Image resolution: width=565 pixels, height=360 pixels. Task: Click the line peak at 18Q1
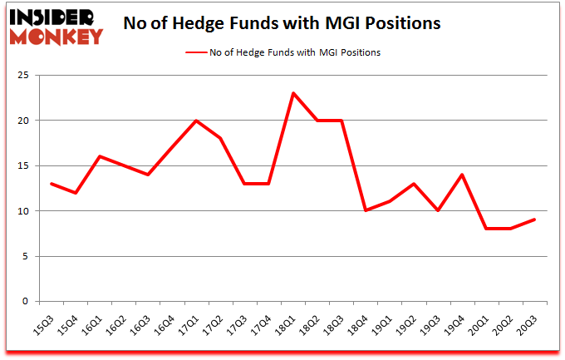coord(293,92)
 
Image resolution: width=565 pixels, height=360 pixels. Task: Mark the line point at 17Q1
coord(196,121)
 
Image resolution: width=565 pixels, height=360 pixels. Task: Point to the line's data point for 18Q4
coord(366,210)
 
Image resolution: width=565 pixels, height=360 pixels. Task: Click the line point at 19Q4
coord(461,175)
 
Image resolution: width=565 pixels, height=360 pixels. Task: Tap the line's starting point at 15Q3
coord(52,184)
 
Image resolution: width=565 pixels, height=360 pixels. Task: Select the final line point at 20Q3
coord(534,219)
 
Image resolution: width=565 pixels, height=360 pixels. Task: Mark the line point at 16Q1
coord(100,156)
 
